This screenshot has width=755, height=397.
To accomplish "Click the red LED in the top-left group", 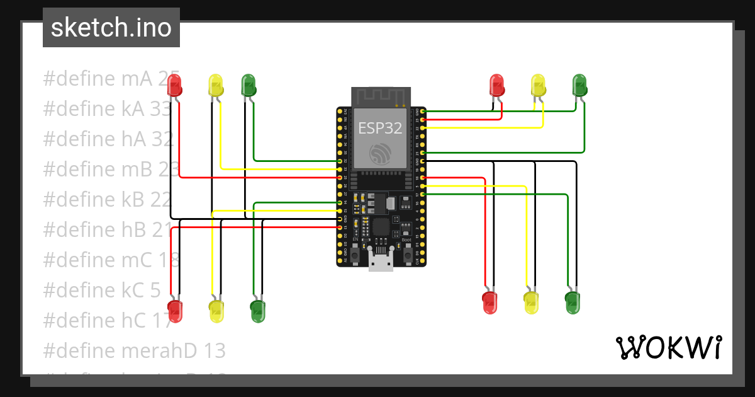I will click(174, 85).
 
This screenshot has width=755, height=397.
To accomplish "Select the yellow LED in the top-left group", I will click(215, 86).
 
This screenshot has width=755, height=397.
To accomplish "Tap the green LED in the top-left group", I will click(249, 86).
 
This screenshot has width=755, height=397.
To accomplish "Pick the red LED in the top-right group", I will click(496, 85).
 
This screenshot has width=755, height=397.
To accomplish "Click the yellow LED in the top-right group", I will click(538, 85).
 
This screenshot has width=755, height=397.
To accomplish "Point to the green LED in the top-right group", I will click(579, 85).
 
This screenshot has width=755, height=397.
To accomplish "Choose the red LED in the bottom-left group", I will click(175, 310).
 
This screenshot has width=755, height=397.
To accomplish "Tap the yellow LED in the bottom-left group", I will click(216, 311).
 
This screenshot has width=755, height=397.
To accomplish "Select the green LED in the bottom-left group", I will click(257, 311).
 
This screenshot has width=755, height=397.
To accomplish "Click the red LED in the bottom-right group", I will click(489, 302).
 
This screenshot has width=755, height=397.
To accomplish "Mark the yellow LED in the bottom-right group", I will click(531, 302).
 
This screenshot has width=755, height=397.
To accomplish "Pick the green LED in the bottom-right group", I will click(572, 302).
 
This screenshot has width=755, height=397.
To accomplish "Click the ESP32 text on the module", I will click(380, 128).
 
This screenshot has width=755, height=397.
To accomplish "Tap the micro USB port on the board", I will click(381, 262).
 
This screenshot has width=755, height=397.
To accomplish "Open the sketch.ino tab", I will click(111, 28).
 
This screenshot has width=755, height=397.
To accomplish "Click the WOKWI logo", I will click(668, 348).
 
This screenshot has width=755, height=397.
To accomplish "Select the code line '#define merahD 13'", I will click(134, 350).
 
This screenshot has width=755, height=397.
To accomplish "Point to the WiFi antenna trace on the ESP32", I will click(381, 96).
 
